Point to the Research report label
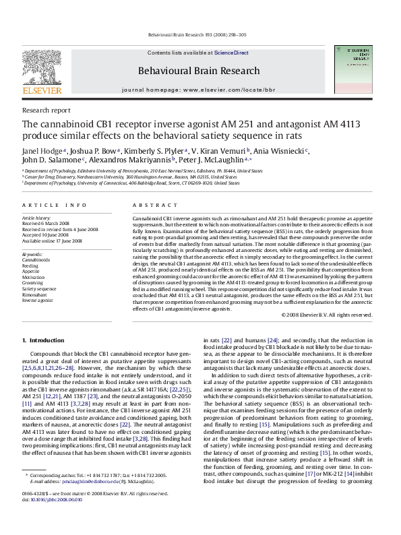(x=47, y=110)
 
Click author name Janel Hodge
(x=40, y=150)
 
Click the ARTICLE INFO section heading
(x=53, y=203)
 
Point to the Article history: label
(x=38, y=218)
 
